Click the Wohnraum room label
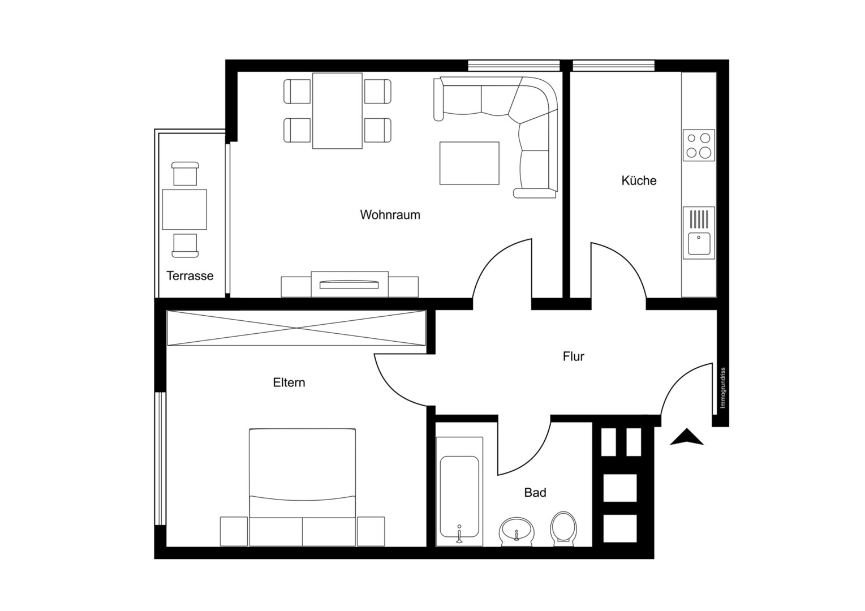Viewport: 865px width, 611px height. (x=390, y=215)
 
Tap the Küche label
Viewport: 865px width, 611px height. (x=639, y=180)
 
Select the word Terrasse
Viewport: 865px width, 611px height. (x=190, y=276)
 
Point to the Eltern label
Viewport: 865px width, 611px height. (x=289, y=382)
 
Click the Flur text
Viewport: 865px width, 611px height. (x=574, y=356)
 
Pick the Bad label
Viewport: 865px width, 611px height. (x=535, y=492)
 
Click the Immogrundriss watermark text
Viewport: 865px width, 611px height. (x=723, y=388)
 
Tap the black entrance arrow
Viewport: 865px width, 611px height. (x=687, y=437)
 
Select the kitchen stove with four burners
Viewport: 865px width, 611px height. (x=699, y=145)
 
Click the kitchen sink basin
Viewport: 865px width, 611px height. (x=699, y=243)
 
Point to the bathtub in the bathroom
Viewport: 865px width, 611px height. (x=459, y=492)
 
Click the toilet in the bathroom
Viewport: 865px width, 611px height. (x=564, y=529)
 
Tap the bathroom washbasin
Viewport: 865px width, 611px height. (x=517, y=531)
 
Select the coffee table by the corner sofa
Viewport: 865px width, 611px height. (x=469, y=163)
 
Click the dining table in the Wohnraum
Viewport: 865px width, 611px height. (x=337, y=111)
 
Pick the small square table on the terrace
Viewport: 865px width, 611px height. (x=184, y=209)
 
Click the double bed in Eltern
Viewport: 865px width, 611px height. (x=302, y=487)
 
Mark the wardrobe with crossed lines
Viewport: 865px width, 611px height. (x=296, y=328)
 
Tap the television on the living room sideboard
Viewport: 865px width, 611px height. (x=349, y=285)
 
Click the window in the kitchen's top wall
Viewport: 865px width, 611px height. (x=614, y=65)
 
